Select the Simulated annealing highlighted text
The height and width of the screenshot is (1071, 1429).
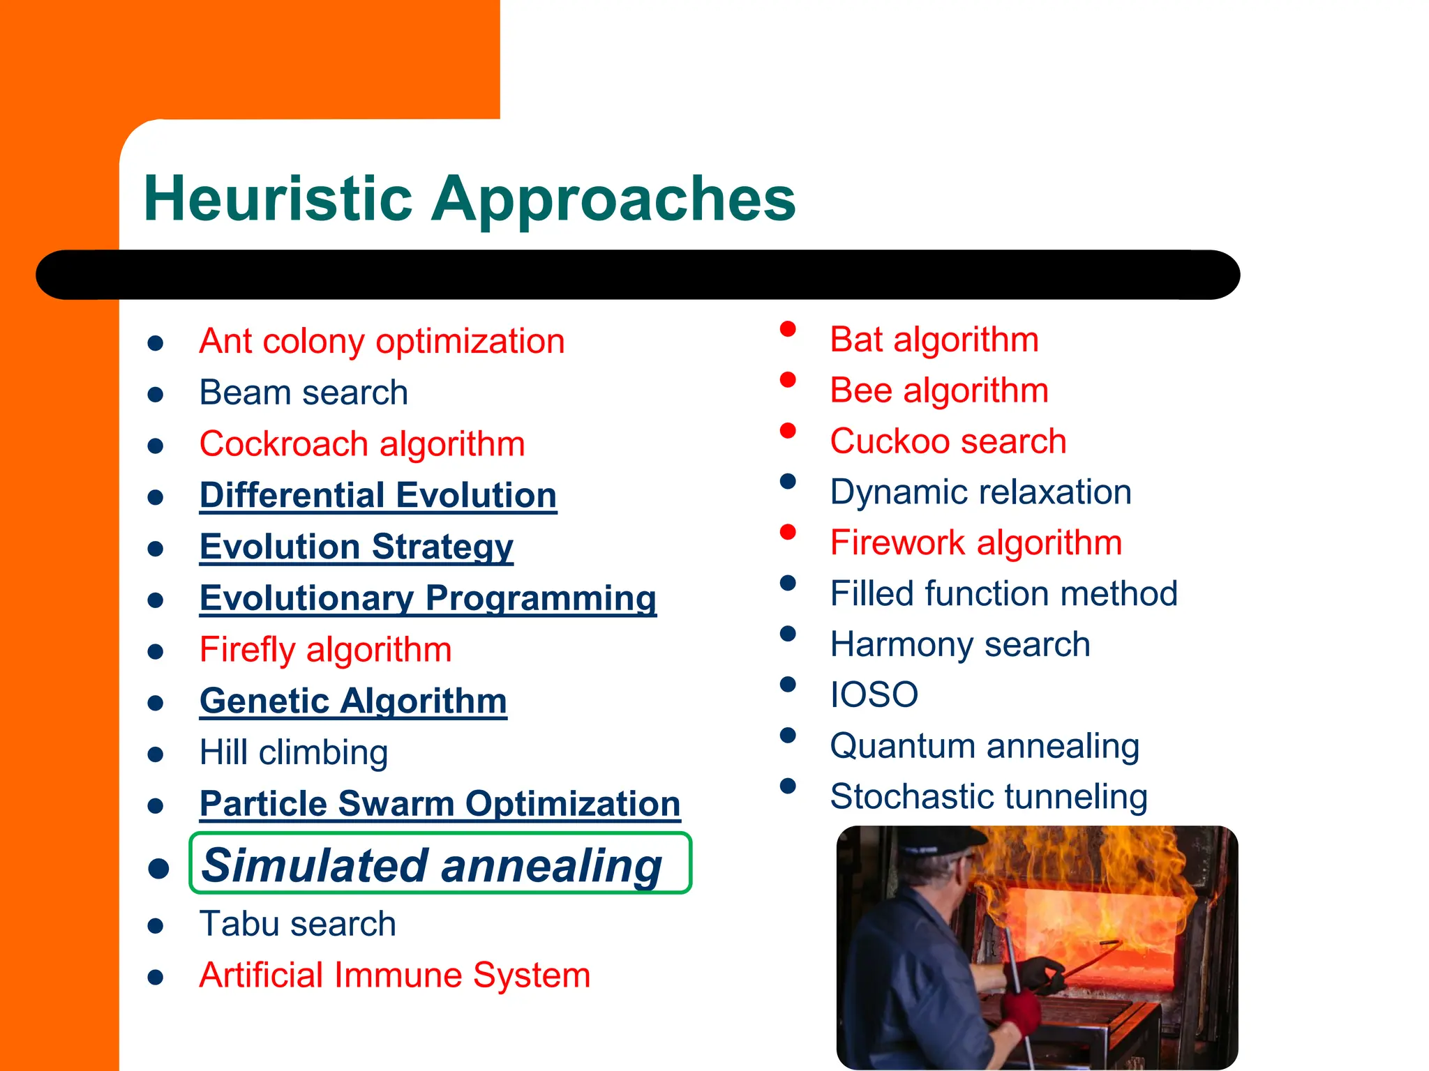(x=431, y=865)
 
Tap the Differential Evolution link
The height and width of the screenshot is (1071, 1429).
(x=377, y=496)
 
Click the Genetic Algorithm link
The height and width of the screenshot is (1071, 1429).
(x=353, y=701)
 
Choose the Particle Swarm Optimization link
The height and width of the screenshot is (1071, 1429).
(x=440, y=804)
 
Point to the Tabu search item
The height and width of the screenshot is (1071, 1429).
(x=297, y=924)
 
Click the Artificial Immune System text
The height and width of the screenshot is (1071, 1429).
(x=394, y=975)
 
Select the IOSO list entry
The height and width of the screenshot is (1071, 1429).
(x=874, y=694)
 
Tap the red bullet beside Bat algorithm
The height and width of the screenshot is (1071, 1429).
(x=788, y=328)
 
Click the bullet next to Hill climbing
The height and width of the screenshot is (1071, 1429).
(x=156, y=754)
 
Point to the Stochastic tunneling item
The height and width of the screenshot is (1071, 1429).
(x=988, y=797)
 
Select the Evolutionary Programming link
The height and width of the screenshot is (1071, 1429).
(x=428, y=598)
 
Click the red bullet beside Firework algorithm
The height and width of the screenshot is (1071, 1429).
(x=788, y=532)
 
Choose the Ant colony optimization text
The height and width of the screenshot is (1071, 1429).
(x=382, y=342)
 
